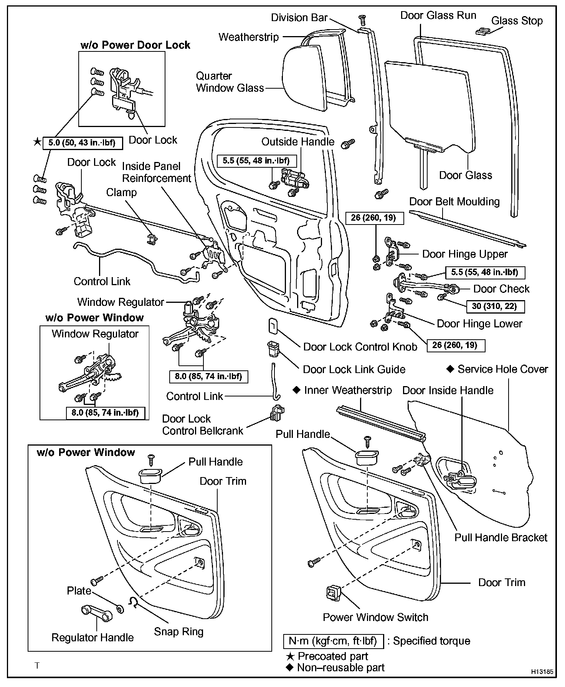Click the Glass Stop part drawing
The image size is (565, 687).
tap(483, 31)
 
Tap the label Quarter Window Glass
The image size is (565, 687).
tap(230, 82)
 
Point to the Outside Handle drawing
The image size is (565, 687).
tap(294, 178)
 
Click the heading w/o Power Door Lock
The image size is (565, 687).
tap(135, 45)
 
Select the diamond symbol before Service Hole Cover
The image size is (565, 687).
tap(450, 369)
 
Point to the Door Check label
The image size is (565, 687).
tap(501, 289)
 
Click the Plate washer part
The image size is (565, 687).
tap(120, 609)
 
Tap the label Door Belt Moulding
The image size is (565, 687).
tap(454, 201)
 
